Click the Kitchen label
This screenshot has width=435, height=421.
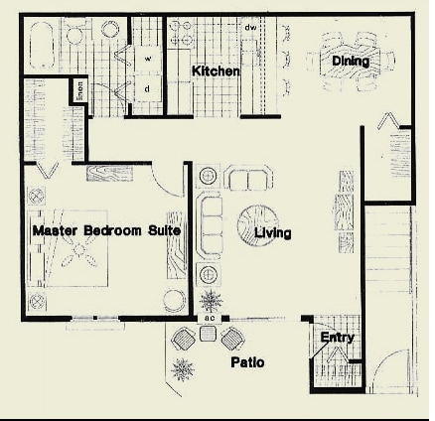pyautogui.click(x=216, y=71)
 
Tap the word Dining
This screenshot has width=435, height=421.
pyautogui.click(x=351, y=62)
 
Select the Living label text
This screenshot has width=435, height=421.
pyautogui.click(x=272, y=234)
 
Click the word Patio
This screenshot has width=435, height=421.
pyautogui.click(x=247, y=362)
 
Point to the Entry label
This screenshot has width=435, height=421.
pyautogui.click(x=337, y=339)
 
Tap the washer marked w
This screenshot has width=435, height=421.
pyautogui.click(x=148, y=59)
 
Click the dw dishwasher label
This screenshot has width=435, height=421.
pyautogui.click(x=251, y=27)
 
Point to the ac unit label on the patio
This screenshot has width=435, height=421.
pyautogui.click(x=209, y=318)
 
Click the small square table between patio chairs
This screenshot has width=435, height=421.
pyautogui.click(x=208, y=335)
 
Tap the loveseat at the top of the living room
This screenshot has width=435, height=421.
pyautogui.click(x=247, y=179)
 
